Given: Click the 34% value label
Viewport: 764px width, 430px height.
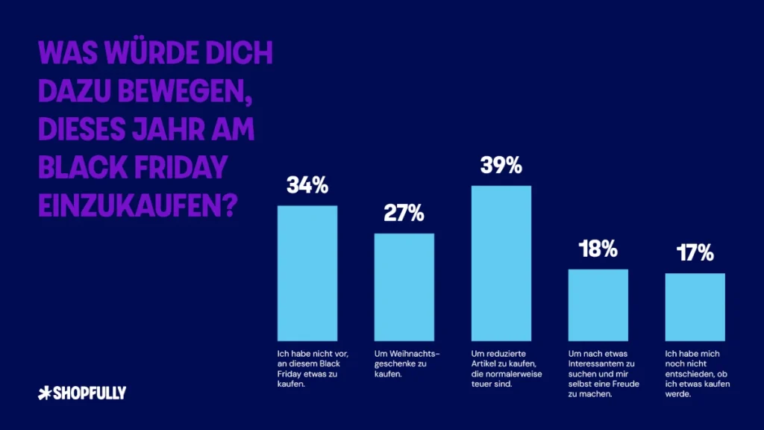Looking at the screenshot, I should (307, 186).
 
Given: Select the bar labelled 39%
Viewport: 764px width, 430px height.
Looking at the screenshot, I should (501, 262).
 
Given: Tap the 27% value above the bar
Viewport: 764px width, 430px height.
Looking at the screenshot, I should (404, 214).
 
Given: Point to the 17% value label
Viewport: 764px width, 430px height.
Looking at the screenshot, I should (695, 254).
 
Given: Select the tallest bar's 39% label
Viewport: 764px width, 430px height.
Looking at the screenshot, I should (501, 166).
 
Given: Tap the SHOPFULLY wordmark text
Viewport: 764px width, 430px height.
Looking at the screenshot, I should (89, 393).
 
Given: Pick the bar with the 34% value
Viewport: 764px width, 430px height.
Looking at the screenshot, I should (307, 272).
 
